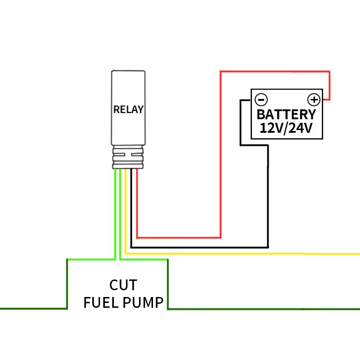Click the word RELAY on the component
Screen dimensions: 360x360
point(128,109)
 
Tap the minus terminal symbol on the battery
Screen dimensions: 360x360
point(261,99)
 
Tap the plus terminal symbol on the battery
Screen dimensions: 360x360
point(313,99)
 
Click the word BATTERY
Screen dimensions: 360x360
point(286,114)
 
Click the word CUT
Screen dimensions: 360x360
point(123,285)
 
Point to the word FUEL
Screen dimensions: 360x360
point(100,302)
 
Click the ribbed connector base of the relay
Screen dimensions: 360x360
point(128,157)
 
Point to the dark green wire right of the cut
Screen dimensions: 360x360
point(261,309)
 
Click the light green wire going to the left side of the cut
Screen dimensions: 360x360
point(90,260)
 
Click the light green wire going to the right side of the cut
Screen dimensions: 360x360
point(144,260)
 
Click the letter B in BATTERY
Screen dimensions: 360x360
point(261,114)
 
